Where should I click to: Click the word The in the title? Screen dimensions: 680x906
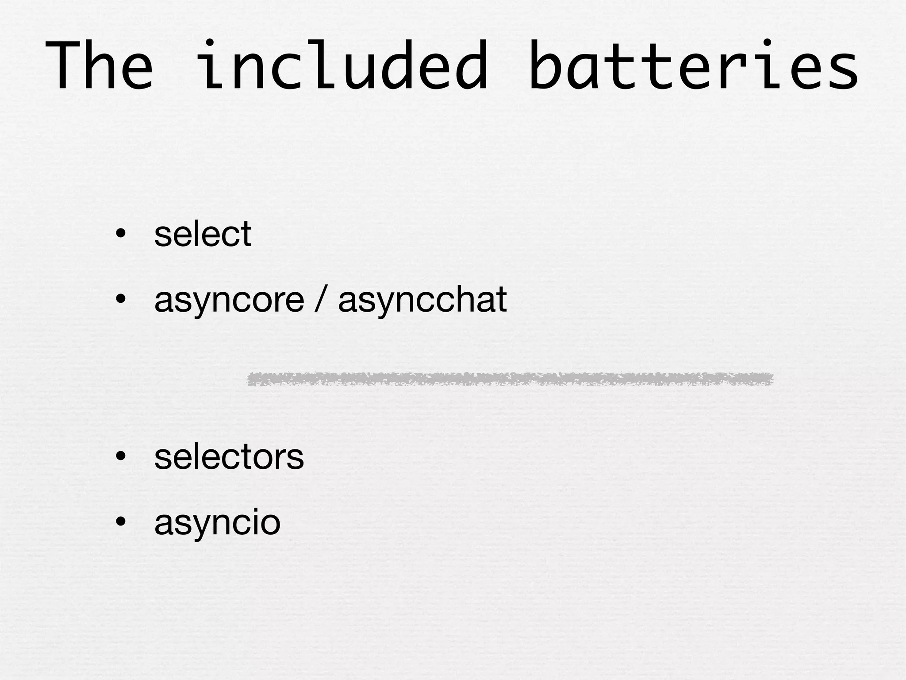point(99,66)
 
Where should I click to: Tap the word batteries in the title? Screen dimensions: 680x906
point(693,66)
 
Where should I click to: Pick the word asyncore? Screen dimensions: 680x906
point(229,300)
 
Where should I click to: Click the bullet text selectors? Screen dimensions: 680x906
point(229,456)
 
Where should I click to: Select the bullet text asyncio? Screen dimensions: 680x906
point(217,523)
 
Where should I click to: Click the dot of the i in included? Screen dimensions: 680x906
point(210,43)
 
